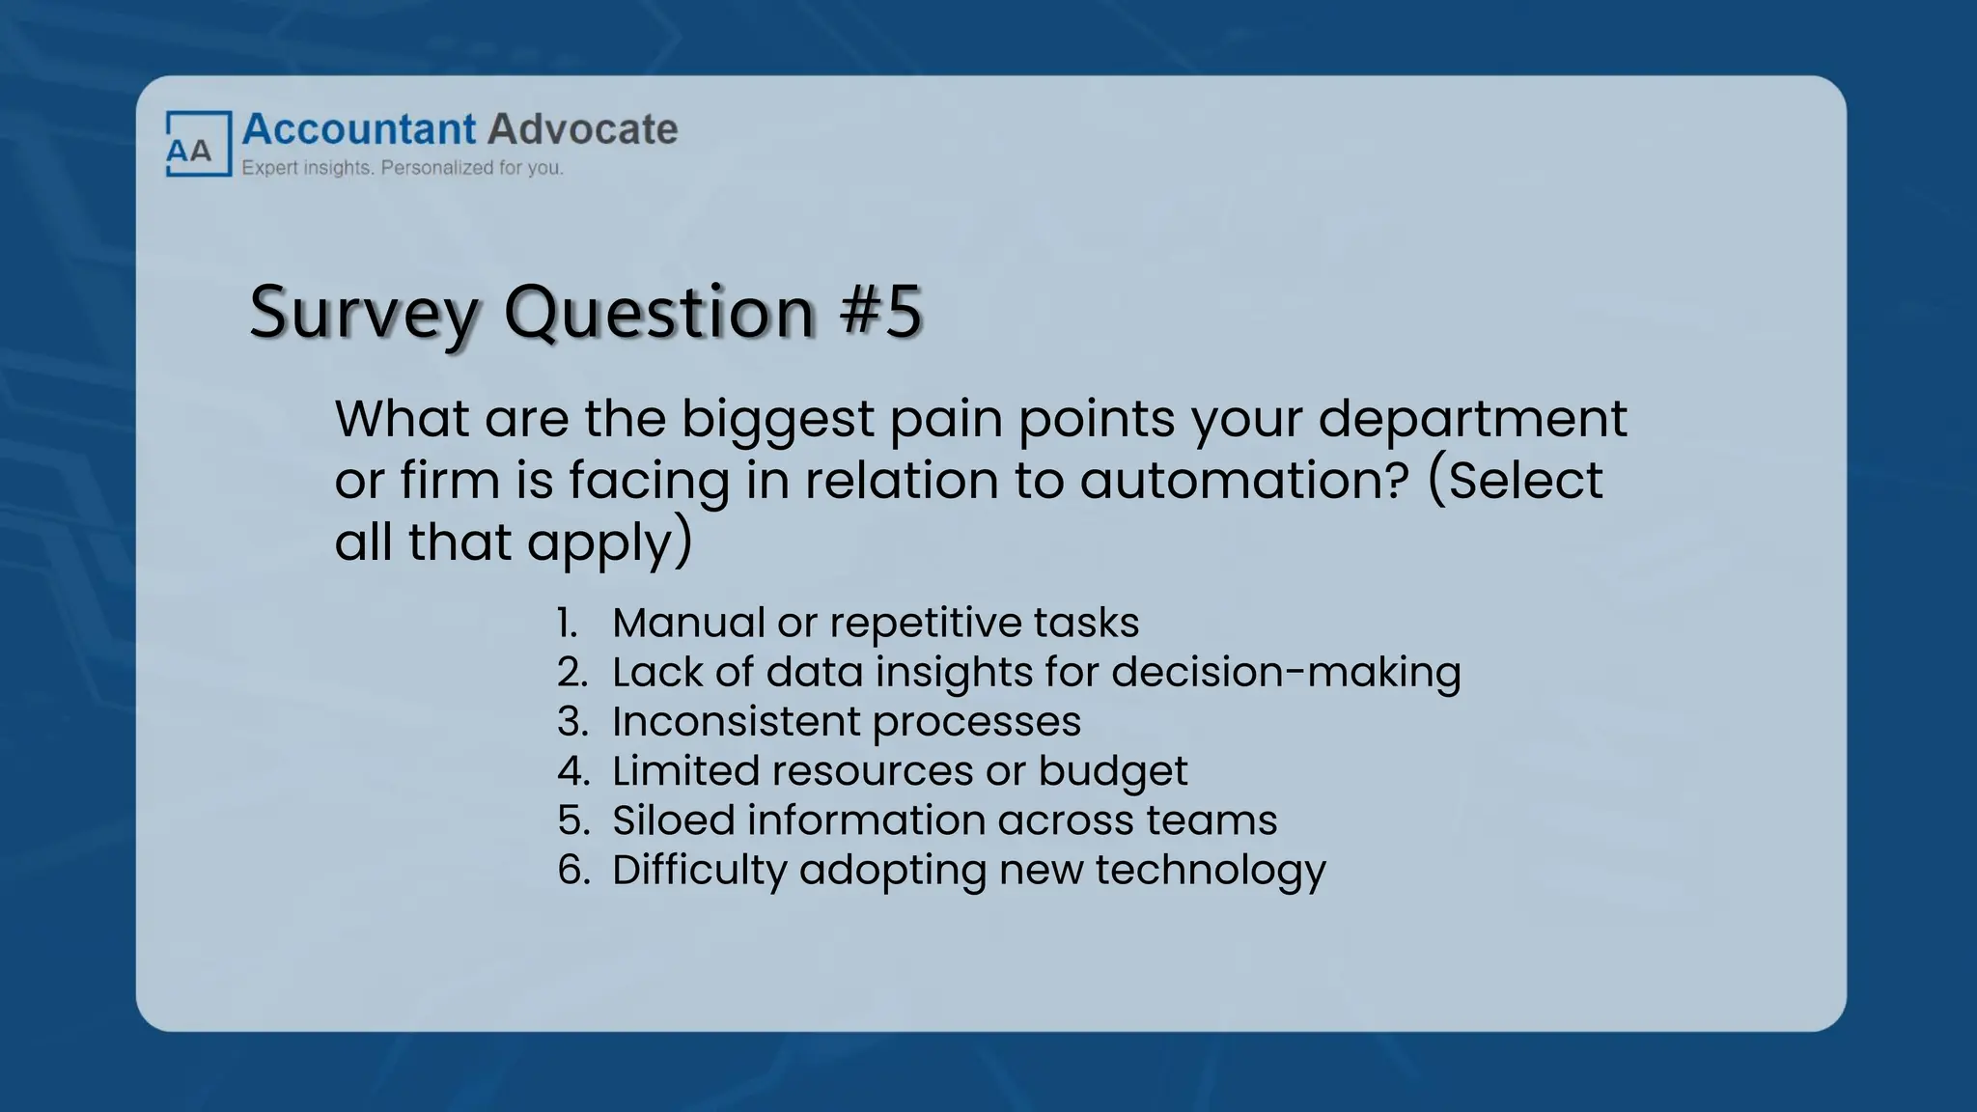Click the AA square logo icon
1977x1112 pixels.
(198, 144)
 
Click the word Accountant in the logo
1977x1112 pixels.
(359, 129)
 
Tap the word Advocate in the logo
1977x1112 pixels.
(583, 129)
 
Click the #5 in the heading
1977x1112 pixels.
(881, 312)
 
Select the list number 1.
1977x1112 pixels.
(568, 624)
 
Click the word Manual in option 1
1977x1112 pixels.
(687, 624)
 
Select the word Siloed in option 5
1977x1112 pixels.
(673, 820)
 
